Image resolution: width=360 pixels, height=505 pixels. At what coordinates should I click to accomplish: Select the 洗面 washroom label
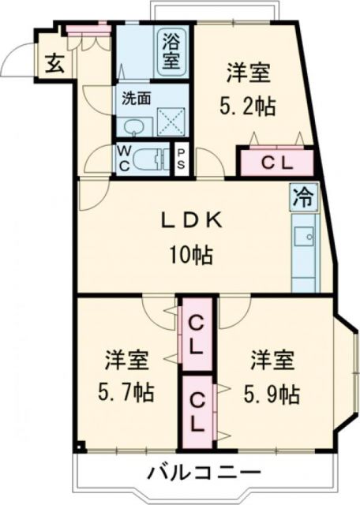(x=135, y=99)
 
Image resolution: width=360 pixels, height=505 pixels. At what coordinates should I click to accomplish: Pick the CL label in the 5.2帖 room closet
(x=276, y=163)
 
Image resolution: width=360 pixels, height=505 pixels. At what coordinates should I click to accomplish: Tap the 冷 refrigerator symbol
(x=303, y=196)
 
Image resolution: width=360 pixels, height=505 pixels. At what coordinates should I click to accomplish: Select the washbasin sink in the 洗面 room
(x=133, y=126)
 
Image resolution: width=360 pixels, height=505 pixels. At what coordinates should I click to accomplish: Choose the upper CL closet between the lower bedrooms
(x=195, y=333)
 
